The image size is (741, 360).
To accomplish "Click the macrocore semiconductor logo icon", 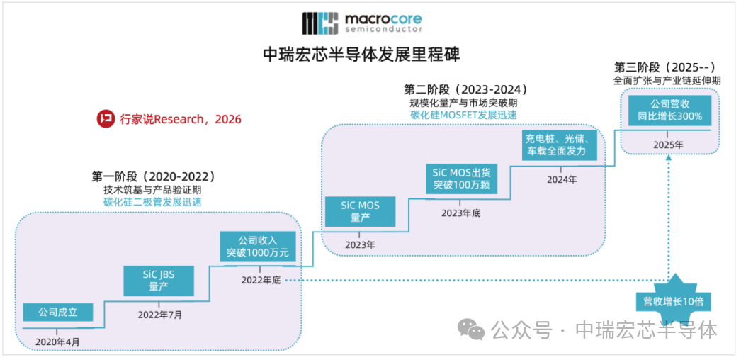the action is (320, 23).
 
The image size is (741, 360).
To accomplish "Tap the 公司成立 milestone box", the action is (57, 313).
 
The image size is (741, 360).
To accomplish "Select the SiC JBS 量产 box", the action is (159, 280).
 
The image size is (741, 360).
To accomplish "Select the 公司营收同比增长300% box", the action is (669, 111).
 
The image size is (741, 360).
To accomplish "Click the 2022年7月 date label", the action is (159, 314).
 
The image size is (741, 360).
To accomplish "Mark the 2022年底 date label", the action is (261, 280).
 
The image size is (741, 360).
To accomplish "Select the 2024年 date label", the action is (562, 179).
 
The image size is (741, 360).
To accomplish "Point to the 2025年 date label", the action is (668, 145).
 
